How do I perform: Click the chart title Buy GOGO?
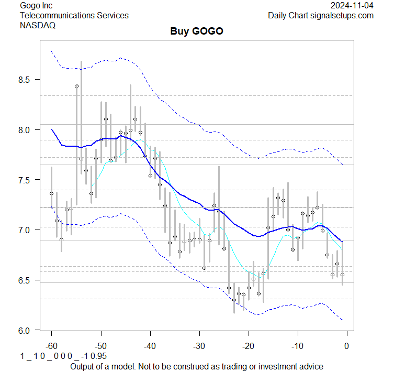coord(197,31)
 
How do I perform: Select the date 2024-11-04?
coord(352,5)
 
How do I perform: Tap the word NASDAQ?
coord(38,25)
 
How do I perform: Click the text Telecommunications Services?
coord(74,15)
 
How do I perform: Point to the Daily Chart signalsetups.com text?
coord(321,15)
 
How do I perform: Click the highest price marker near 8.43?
coord(76,86)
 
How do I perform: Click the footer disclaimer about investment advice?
coord(197,366)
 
